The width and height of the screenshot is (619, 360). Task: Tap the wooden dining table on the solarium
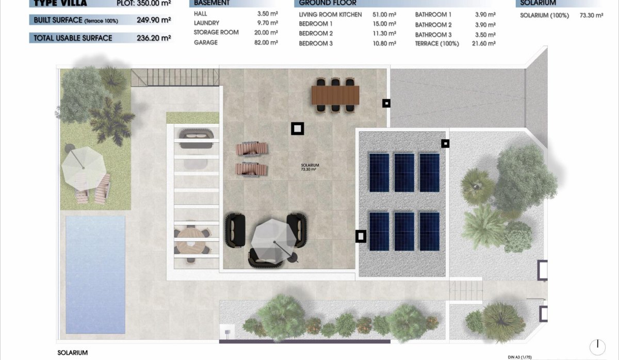tap(335, 95)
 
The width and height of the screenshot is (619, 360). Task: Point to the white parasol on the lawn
tap(83, 166)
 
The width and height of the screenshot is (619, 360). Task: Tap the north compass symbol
tap(597, 347)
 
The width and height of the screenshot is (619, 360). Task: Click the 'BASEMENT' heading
tap(211, 3)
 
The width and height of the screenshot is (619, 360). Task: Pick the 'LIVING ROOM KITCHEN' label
tap(330, 14)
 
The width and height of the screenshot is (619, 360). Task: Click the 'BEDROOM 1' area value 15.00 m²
tap(384, 24)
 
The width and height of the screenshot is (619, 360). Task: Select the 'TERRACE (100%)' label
tap(437, 44)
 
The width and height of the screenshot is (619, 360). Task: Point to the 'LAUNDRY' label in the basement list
tap(206, 23)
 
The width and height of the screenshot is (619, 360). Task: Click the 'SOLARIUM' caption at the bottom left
tap(73, 353)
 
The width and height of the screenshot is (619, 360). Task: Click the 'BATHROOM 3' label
tap(433, 35)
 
